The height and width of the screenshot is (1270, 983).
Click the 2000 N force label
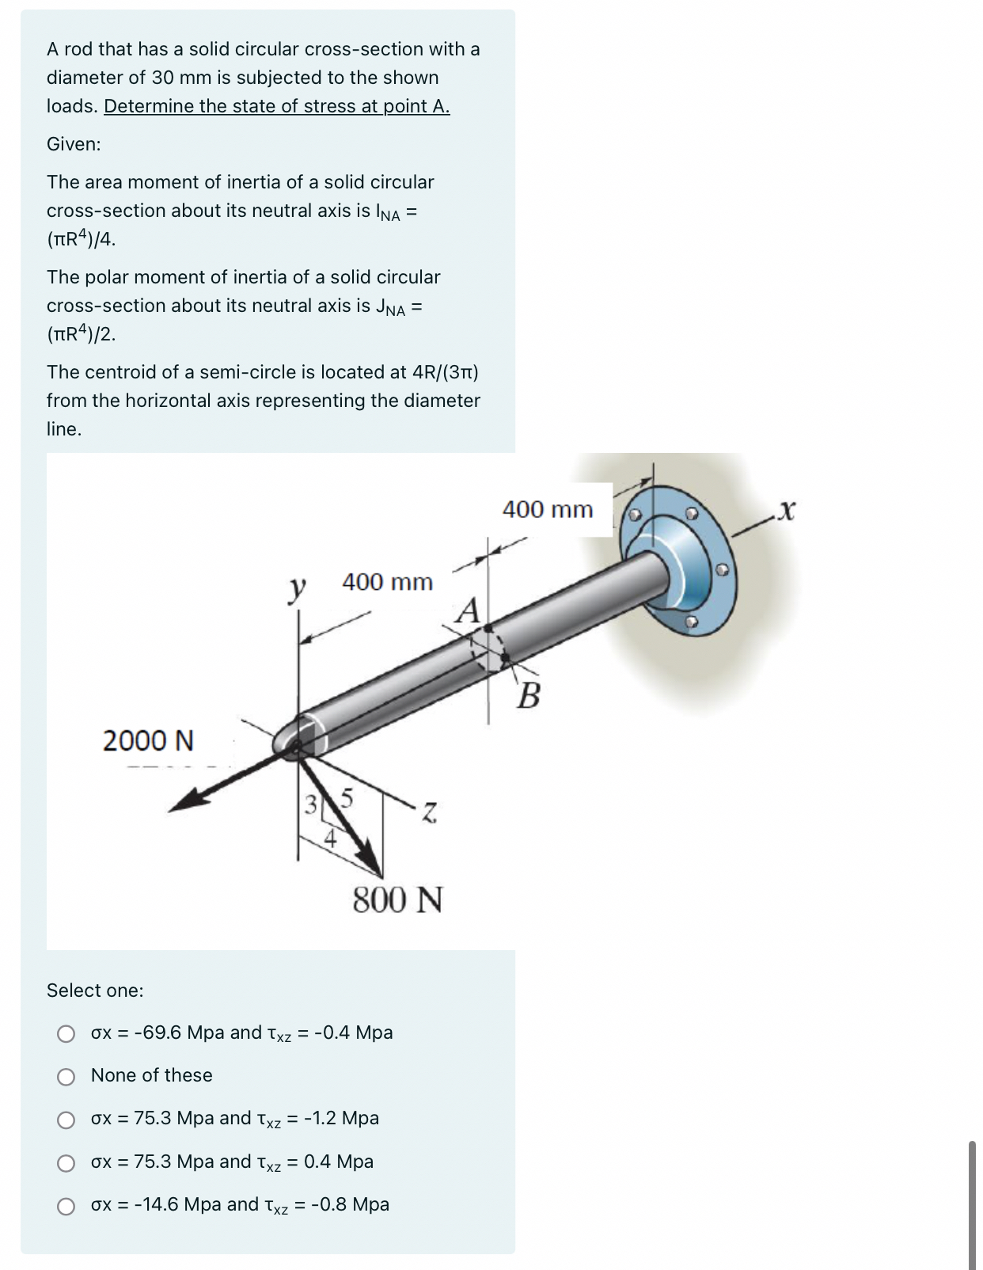point(148,741)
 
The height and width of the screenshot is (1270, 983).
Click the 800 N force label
point(397,900)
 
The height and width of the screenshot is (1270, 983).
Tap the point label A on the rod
point(469,611)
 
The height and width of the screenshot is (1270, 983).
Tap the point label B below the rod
point(529,696)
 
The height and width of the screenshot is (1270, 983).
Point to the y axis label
point(297,589)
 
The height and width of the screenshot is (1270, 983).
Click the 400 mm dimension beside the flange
point(548,509)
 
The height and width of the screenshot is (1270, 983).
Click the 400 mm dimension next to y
point(387,582)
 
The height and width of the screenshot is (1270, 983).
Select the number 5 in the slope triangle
point(347,797)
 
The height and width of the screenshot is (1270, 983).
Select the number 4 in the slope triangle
point(331,838)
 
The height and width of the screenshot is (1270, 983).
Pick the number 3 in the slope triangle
point(310,805)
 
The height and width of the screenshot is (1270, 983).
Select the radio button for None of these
point(66,1076)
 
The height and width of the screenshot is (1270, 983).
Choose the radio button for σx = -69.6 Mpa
point(66,1033)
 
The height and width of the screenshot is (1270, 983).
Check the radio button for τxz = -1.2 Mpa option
point(66,1119)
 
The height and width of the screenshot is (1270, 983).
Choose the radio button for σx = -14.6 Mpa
point(66,1205)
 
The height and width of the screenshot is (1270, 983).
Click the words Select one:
point(95,991)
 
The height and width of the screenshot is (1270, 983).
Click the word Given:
point(74,144)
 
